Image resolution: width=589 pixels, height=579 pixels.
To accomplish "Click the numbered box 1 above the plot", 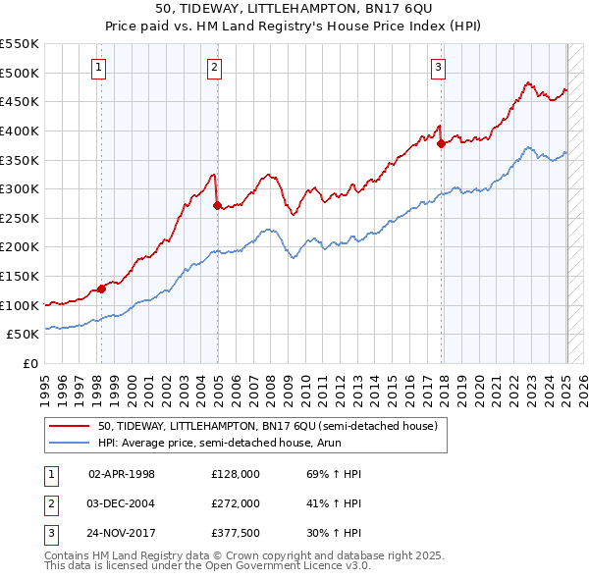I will (100, 68).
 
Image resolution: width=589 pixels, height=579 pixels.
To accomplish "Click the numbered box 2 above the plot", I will (215, 68).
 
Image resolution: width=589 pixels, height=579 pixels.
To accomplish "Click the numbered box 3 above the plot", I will (438, 68).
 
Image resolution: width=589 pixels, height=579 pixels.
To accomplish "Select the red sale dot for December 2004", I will (217, 205).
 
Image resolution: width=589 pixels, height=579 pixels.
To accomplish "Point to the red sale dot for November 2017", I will (441, 144).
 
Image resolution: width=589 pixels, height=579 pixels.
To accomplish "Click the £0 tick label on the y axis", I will (30, 363).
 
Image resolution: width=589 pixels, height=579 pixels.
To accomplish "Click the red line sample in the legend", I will (70, 426).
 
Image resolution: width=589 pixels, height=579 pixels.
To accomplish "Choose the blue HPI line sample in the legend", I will (70, 444).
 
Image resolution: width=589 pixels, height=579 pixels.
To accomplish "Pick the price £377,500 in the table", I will (236, 535).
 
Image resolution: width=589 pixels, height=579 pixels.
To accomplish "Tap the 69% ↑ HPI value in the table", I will (328, 473).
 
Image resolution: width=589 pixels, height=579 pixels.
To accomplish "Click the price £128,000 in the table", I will (236, 473).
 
